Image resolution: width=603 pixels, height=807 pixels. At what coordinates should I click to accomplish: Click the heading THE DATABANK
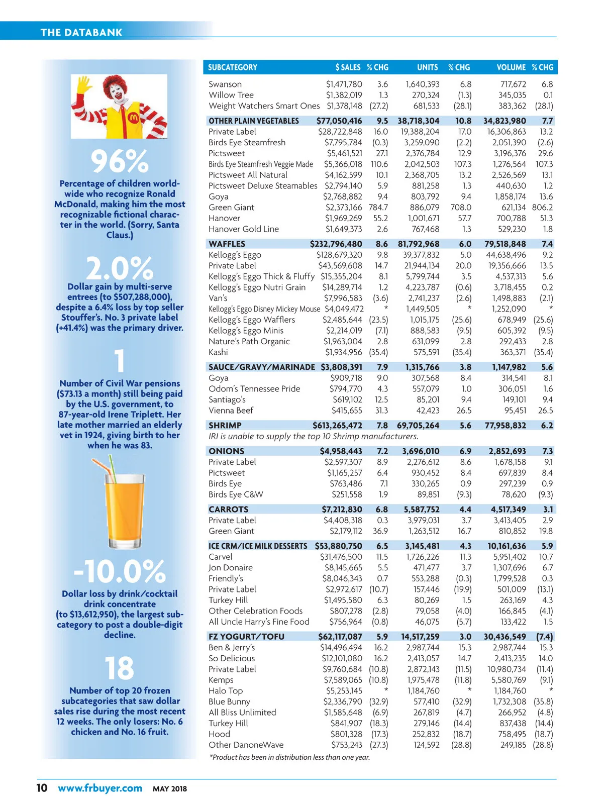tap(81, 33)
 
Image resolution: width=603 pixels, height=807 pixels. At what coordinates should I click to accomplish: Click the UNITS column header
tap(427, 67)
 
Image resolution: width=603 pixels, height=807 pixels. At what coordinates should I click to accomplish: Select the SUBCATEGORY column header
tap(233, 67)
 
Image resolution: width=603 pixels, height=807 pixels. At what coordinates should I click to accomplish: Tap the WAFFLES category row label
tap(227, 244)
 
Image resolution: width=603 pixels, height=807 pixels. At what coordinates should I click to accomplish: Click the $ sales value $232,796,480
tap(336, 244)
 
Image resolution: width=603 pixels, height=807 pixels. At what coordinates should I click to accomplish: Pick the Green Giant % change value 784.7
tap(378, 208)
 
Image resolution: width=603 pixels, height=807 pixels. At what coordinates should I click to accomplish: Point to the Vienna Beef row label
tap(231, 411)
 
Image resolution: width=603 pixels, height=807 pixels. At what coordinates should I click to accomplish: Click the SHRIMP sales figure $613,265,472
tap(337, 426)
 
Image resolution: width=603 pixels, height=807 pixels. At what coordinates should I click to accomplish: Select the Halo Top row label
tap(226, 691)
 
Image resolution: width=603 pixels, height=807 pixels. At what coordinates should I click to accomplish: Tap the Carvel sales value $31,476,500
tap(341, 557)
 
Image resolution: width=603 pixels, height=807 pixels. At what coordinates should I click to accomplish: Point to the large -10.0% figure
tap(120, 571)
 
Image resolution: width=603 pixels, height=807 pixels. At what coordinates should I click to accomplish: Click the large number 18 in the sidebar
tap(120, 668)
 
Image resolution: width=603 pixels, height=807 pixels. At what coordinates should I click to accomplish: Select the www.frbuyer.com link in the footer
tap(100, 788)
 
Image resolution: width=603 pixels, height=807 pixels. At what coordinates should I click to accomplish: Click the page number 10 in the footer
tap(42, 788)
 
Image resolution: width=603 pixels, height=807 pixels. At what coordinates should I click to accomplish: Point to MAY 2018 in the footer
tap(170, 789)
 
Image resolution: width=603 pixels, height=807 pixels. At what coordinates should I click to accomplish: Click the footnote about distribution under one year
tap(289, 757)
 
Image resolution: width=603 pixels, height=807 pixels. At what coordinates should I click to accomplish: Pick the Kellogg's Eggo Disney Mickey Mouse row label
tap(264, 309)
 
